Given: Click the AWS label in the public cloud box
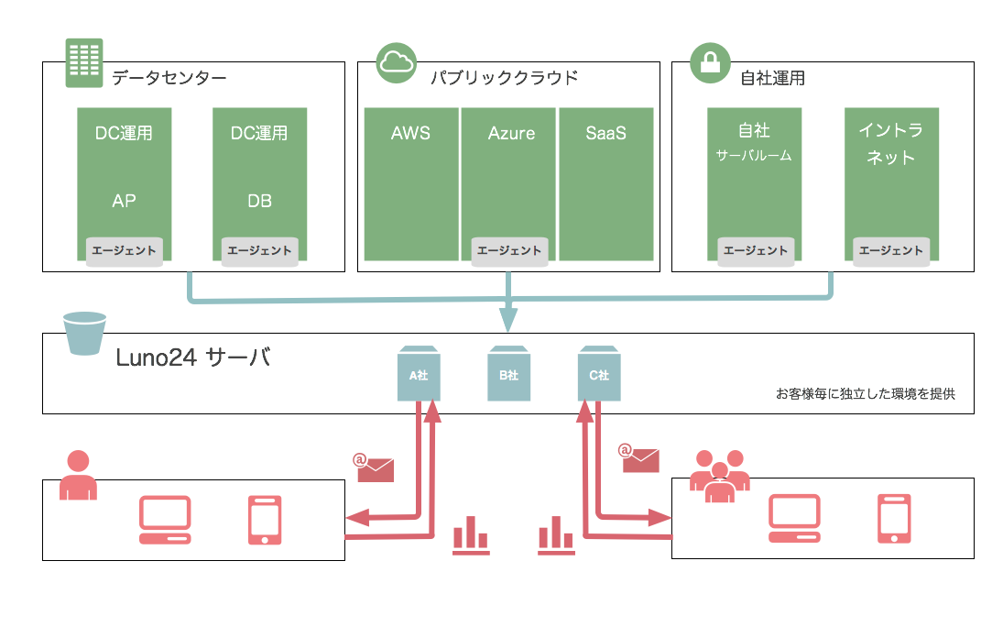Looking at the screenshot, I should [410, 134].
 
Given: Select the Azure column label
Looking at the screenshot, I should [511, 134].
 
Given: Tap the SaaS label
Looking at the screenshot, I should [606, 134].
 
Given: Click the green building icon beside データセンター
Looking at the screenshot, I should [83, 63].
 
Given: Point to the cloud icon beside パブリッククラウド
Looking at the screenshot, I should [397, 62].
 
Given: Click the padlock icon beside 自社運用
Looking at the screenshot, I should [709, 63].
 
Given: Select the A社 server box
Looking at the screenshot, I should [418, 373].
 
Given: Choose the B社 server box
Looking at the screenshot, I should [508, 373].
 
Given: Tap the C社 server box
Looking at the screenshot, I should [599, 373].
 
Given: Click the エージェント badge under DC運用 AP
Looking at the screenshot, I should [125, 250].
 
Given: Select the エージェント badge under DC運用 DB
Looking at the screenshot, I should [260, 250].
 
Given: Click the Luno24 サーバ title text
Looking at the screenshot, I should [193, 358].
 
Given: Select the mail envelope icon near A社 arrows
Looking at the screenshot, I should [375, 468].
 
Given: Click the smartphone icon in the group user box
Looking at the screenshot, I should [893, 520].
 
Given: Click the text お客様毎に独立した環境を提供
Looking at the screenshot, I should [866, 394].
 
